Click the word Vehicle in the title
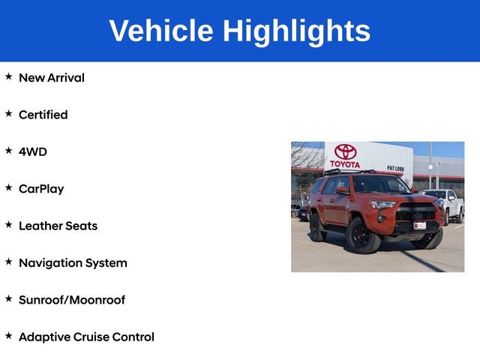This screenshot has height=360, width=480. (x=160, y=31)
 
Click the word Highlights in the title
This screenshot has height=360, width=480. (x=296, y=31)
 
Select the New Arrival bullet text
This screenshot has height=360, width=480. (x=52, y=77)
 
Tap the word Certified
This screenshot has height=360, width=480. (x=43, y=115)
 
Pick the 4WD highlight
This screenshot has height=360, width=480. (x=33, y=151)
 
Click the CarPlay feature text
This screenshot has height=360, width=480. (x=41, y=189)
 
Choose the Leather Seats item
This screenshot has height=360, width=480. (x=58, y=226)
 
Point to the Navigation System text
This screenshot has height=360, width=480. (x=73, y=262)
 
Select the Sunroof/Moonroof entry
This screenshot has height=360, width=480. (x=72, y=300)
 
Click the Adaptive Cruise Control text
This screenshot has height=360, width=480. (x=86, y=337)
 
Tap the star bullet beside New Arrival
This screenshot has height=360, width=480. (x=8, y=76)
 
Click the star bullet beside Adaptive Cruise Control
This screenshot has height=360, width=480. (x=8, y=336)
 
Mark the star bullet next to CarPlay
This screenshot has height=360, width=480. (x=8, y=188)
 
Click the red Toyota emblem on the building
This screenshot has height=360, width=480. (x=345, y=151)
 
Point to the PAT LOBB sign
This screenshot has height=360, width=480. (x=395, y=168)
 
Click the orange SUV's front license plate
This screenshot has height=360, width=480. (x=419, y=225)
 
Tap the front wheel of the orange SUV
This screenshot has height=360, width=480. (x=363, y=237)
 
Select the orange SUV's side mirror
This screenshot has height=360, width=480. (x=343, y=192)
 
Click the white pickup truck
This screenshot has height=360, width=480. (x=446, y=204)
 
